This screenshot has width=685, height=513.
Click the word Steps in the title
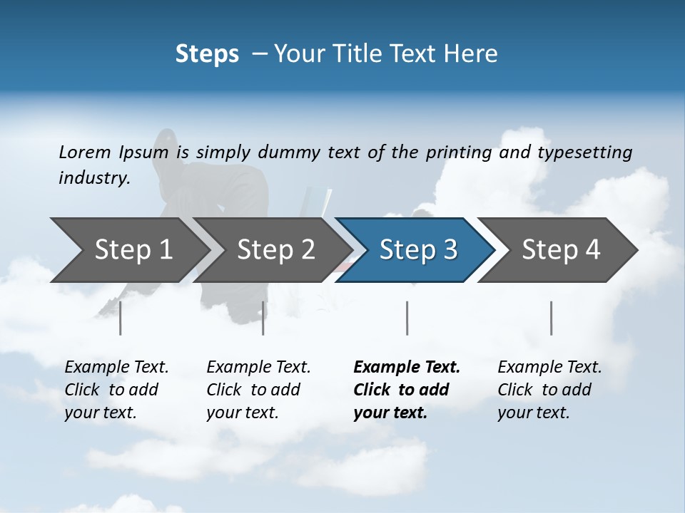(x=207, y=54)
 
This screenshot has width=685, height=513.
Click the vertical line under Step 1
(x=121, y=318)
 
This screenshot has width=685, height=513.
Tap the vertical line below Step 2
(x=263, y=318)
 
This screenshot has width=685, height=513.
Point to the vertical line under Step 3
(x=407, y=318)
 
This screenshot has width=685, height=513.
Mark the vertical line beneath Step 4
(x=552, y=318)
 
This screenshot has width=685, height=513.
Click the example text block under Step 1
(x=116, y=390)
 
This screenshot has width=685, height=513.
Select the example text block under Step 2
(x=258, y=390)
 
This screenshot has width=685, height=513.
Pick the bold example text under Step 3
(x=407, y=390)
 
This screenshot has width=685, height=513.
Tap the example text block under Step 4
(x=549, y=390)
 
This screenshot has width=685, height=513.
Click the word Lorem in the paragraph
(x=84, y=152)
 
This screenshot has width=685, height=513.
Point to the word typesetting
(x=584, y=152)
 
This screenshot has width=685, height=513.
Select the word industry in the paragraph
(x=94, y=178)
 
